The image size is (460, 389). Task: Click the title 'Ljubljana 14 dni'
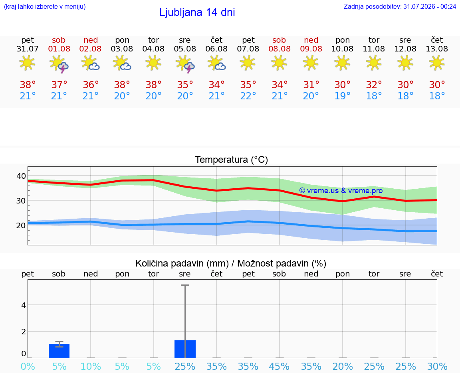click(197, 12)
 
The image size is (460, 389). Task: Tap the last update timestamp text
click(400, 6)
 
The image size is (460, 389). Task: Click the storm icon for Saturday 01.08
click(59, 63)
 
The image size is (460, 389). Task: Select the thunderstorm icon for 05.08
click(185, 63)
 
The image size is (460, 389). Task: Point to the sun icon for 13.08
click(437, 63)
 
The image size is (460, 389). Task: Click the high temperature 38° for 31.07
click(28, 85)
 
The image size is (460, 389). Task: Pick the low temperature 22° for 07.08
click(248, 96)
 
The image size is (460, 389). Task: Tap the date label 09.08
click(311, 49)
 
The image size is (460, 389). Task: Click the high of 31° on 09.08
click(311, 85)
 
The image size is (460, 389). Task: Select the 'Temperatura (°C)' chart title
click(232, 160)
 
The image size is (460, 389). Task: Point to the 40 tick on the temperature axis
click(21, 176)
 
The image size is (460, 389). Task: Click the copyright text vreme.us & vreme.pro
click(341, 191)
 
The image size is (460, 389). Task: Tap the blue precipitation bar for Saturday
click(59, 351)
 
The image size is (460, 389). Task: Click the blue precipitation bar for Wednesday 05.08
click(185, 349)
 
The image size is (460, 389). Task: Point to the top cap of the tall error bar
click(185, 285)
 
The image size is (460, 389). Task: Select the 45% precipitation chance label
click(279, 366)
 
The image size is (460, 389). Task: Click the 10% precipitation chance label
click(91, 366)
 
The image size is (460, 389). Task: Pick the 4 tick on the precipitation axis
click(24, 305)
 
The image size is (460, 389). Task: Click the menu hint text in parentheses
click(45, 6)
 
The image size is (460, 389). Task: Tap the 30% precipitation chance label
click(437, 366)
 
